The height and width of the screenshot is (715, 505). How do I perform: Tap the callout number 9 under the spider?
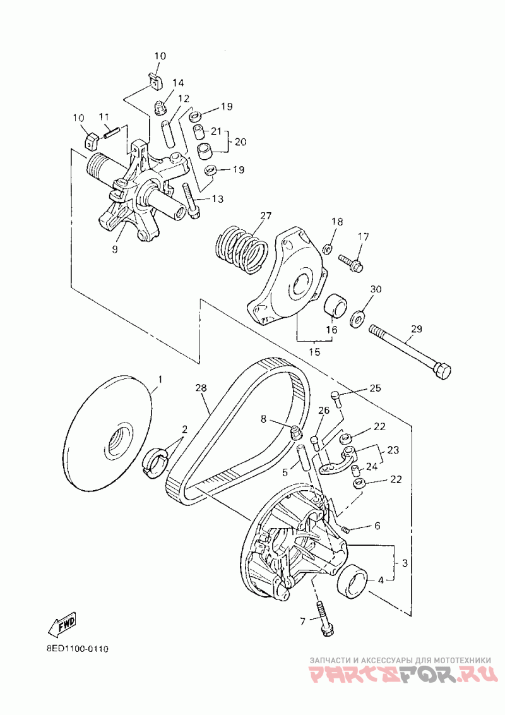click(x=115, y=249)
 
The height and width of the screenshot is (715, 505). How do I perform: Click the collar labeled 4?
click(x=353, y=581)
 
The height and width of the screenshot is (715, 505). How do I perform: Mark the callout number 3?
click(x=405, y=562)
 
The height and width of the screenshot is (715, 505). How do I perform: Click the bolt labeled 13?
click(x=191, y=201)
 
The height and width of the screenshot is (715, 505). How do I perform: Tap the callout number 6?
click(x=377, y=526)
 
